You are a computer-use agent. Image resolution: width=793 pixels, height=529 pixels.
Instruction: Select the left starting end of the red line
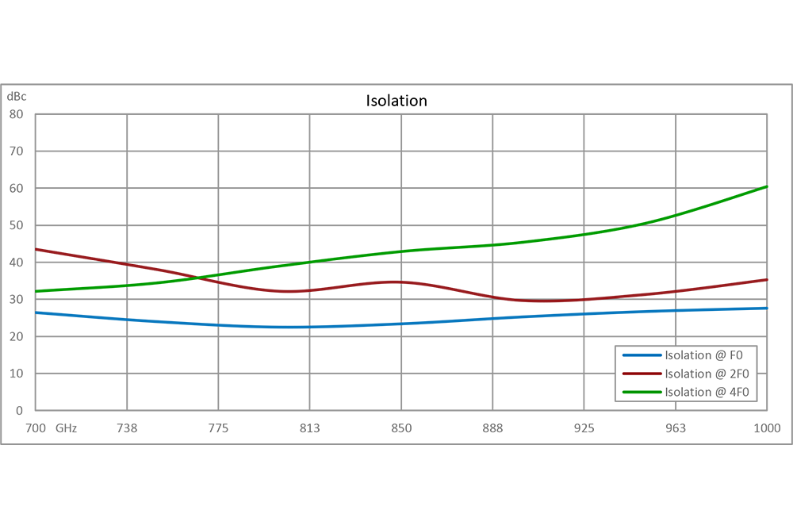click(37, 249)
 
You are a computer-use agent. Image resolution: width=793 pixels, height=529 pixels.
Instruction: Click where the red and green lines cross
click(208, 275)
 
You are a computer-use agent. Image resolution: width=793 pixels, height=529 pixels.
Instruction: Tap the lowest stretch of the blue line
click(262, 322)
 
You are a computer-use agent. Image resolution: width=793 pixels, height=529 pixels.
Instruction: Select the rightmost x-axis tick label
click(764, 428)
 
